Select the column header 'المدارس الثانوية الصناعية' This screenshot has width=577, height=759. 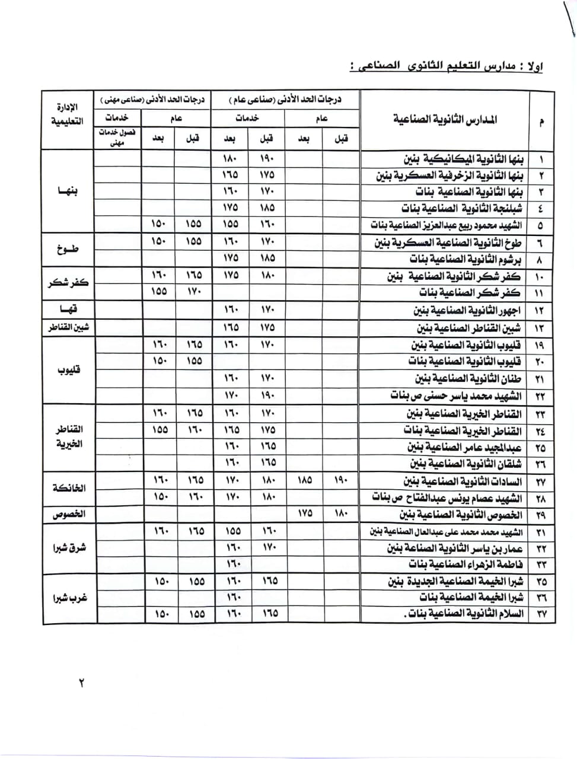click(445, 120)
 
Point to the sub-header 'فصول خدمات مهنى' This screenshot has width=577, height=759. click(117, 138)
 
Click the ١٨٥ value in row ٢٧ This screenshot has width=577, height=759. click(304, 480)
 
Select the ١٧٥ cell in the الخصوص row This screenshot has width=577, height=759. click(304, 514)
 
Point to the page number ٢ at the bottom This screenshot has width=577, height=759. click(81, 683)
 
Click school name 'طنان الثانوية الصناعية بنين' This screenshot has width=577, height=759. click(468, 378)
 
